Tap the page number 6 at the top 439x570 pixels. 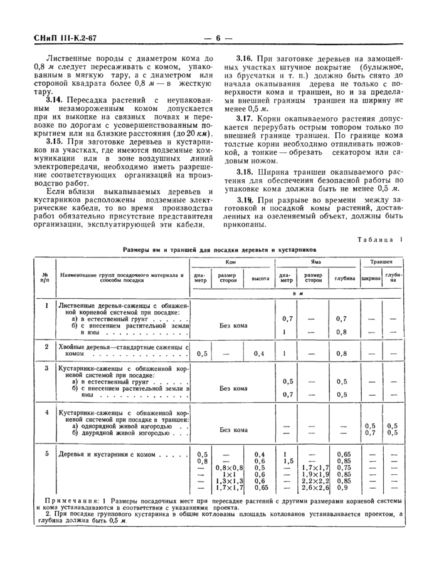(x=219, y=38)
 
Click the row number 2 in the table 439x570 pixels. (x=45, y=346)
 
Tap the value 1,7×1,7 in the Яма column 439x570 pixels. (x=315, y=467)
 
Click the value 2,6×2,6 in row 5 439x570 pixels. (x=315, y=487)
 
